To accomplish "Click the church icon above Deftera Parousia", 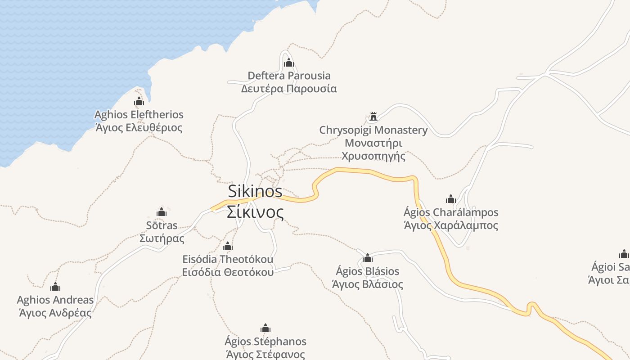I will click(289, 63).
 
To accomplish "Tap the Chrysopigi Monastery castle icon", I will click(373, 117).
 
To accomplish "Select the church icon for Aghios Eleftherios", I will click(139, 101).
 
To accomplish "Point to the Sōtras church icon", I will click(162, 212).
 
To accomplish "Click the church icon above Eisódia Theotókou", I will click(228, 246).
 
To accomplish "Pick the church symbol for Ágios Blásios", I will click(368, 258).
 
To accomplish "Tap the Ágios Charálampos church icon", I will click(451, 199).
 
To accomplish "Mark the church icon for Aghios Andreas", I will click(55, 287).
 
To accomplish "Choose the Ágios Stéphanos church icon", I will click(265, 328).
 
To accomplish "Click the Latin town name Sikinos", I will click(255, 191).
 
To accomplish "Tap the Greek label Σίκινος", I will click(255, 212).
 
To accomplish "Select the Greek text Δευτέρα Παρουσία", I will click(289, 89).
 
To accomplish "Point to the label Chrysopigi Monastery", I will click(373, 130).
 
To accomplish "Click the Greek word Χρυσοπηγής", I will click(373, 156).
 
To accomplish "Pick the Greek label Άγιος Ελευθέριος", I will click(139, 128).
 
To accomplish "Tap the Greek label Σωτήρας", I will click(162, 238).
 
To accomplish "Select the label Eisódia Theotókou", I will click(228, 260).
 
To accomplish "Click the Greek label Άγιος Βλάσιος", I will click(368, 284).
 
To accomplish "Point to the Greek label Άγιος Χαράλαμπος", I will click(451, 225).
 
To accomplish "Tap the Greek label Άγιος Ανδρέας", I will click(55, 313).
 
